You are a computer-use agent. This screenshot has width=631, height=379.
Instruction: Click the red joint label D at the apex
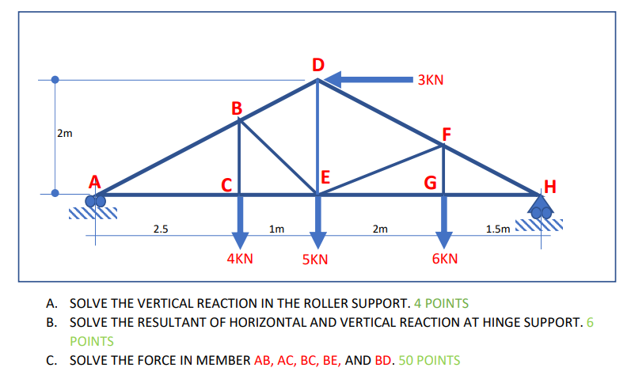coord(318,63)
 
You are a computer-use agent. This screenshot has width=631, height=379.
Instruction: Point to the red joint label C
coord(226,186)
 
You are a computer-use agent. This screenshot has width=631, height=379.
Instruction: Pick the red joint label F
coord(447,134)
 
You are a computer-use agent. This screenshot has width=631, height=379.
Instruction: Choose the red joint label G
coord(431,184)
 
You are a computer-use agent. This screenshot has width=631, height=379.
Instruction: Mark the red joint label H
coord(551,188)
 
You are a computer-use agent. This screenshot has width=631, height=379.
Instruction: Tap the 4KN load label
coord(240,258)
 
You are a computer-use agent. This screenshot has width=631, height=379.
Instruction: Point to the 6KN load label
coord(445,259)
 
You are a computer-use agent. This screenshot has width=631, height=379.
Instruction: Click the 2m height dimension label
coord(64,133)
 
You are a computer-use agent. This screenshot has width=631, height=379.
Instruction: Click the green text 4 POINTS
coord(442,303)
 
